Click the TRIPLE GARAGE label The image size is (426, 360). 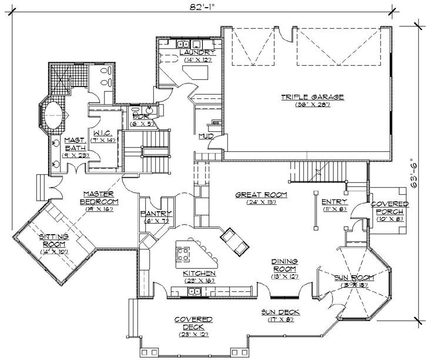pos(312,97)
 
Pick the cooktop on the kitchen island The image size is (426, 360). pos(183,255)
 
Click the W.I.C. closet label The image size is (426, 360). pos(106,132)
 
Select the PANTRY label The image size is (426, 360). pos(156,214)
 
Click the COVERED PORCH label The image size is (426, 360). pos(385,208)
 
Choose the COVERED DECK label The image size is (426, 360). pos(193,323)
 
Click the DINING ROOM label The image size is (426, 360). pos(284,265)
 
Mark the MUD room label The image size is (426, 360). pos(206,136)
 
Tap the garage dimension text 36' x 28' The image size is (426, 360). pos(312,105)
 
